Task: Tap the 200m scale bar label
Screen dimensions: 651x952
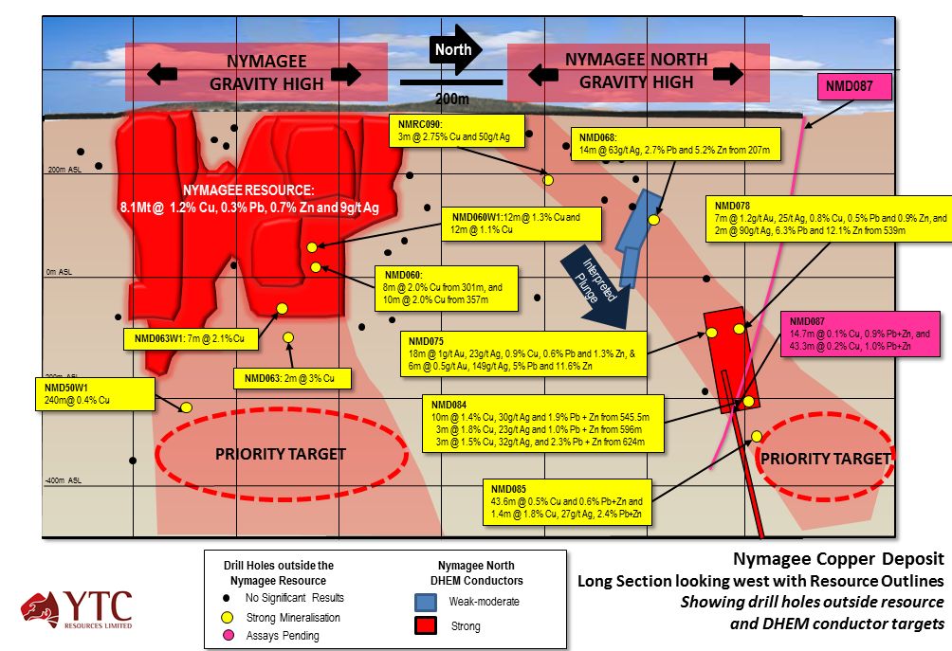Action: (x=451, y=98)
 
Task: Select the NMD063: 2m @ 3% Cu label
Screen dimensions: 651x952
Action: (x=292, y=378)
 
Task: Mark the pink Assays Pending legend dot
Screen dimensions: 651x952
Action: (x=226, y=636)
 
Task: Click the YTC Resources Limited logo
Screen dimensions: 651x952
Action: (x=79, y=610)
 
